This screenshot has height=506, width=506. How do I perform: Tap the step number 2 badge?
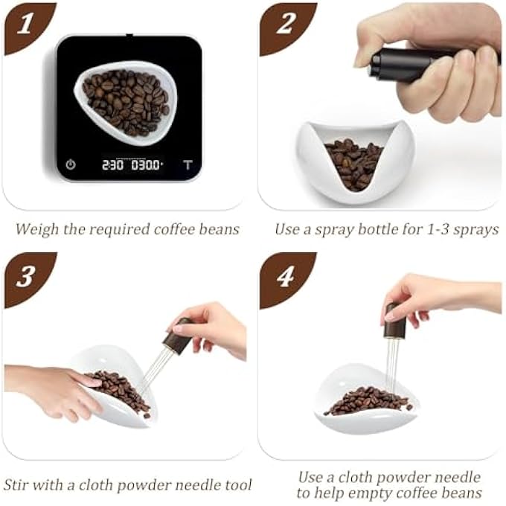[285, 26]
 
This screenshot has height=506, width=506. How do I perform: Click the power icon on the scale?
[71, 164]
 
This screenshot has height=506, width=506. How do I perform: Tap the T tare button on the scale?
[188, 164]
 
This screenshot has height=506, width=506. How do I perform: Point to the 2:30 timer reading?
[112, 164]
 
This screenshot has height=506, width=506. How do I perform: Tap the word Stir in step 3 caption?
[19, 485]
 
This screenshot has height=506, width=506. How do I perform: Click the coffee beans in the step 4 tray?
[368, 400]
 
